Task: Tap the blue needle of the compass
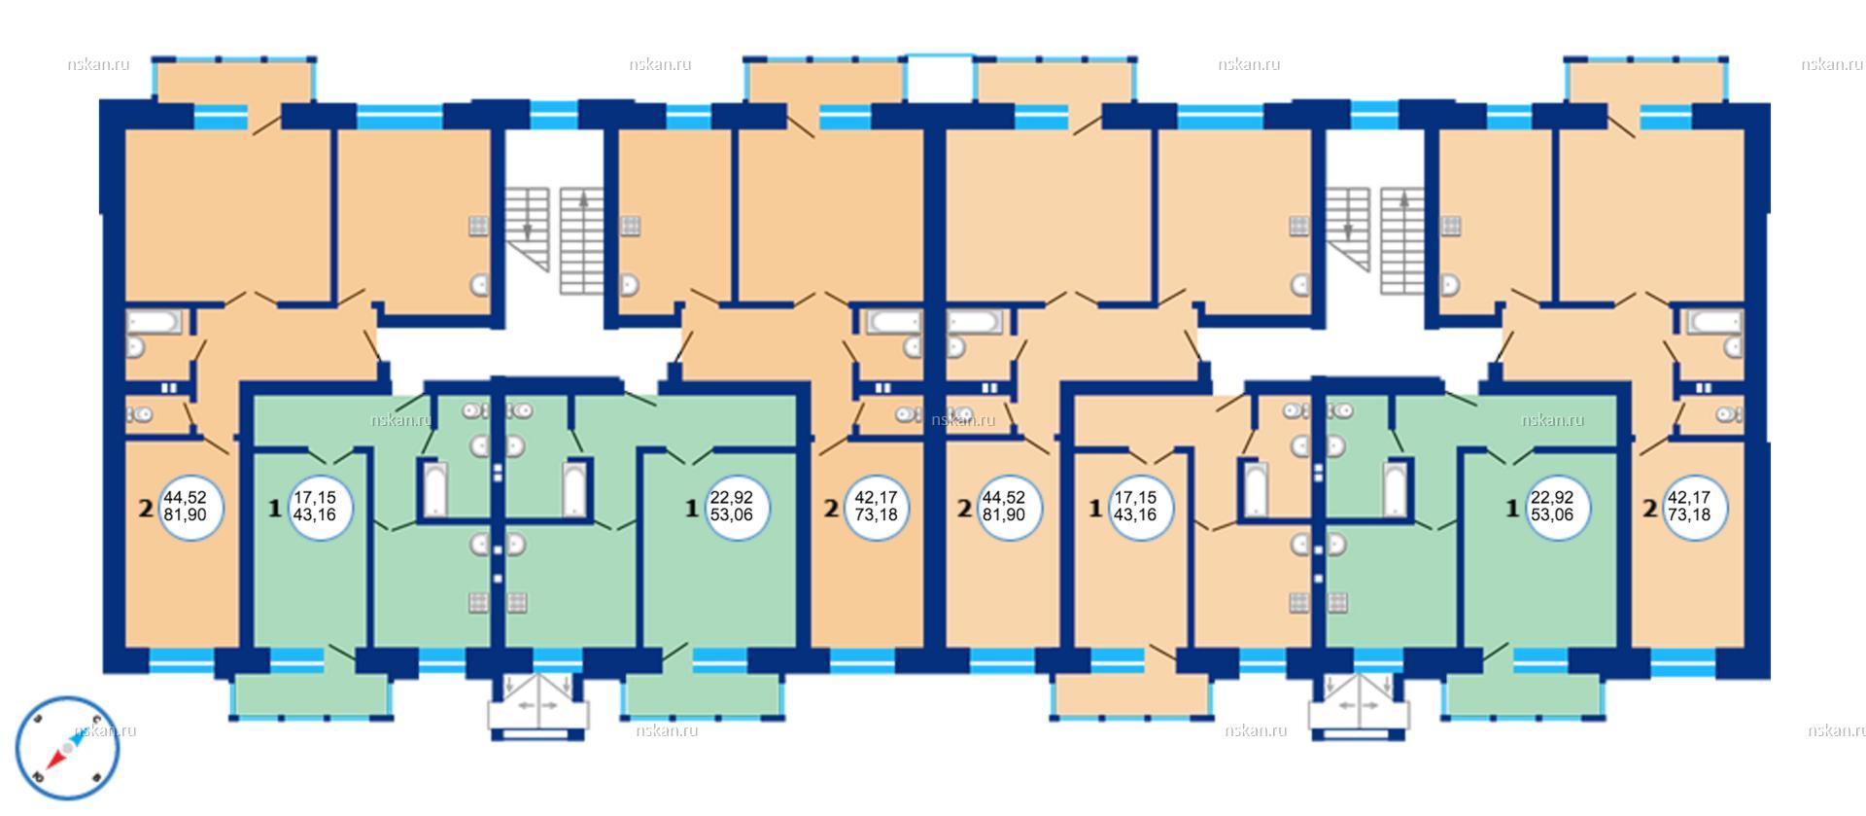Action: (75, 739)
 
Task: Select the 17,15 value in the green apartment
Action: (314, 496)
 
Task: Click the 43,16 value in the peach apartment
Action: (1134, 514)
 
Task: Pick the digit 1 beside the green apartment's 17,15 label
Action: (274, 507)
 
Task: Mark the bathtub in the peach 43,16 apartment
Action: (1256, 489)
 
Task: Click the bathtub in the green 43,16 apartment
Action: (432, 489)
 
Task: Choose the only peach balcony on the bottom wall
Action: (1133, 696)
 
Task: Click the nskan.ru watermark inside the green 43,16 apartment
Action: (400, 420)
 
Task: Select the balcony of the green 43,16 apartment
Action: (312, 696)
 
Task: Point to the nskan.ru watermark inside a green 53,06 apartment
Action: (1552, 420)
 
